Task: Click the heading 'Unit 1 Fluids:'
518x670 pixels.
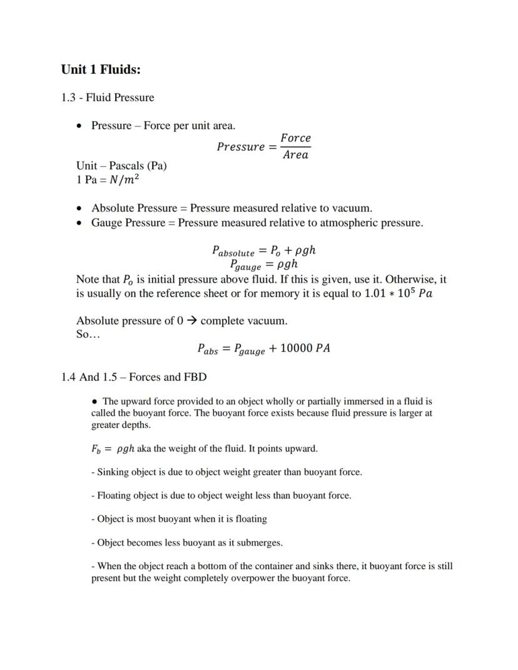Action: coord(101,69)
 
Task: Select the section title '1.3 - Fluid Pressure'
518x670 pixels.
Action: coord(107,98)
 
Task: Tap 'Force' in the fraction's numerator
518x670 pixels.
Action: coord(295,138)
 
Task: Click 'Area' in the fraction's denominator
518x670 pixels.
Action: coord(295,155)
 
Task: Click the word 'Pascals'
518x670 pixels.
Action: coord(128,166)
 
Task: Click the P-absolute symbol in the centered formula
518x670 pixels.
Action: coord(233,251)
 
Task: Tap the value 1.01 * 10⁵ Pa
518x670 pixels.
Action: coord(398,293)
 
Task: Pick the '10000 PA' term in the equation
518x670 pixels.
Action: coord(305,348)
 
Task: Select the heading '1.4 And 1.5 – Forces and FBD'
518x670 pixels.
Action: coord(134,377)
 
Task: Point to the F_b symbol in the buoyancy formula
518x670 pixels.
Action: coord(96,449)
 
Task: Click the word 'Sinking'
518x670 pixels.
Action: coord(113,472)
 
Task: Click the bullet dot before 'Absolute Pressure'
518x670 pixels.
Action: coord(79,208)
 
